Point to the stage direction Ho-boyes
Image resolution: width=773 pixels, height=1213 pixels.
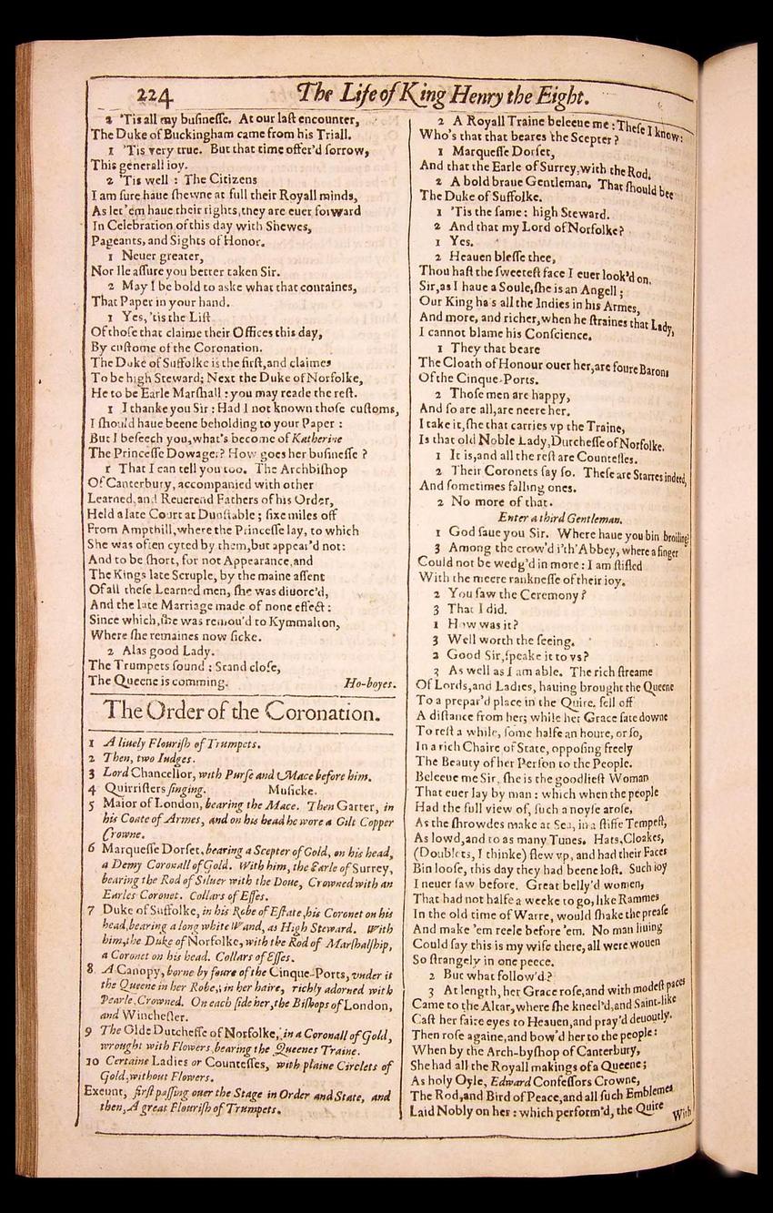tap(369, 681)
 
